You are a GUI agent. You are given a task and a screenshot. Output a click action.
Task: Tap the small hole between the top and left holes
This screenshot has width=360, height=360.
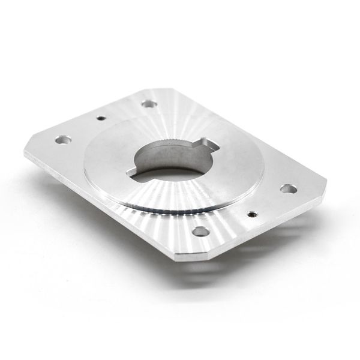click(x=101, y=118)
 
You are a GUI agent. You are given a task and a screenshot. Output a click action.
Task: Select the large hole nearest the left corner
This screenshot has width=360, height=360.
click(x=61, y=140)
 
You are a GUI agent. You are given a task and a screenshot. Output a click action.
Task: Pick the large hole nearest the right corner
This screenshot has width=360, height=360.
click(x=288, y=189)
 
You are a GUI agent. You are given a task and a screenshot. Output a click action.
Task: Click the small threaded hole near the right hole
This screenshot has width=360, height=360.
click(x=253, y=213)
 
